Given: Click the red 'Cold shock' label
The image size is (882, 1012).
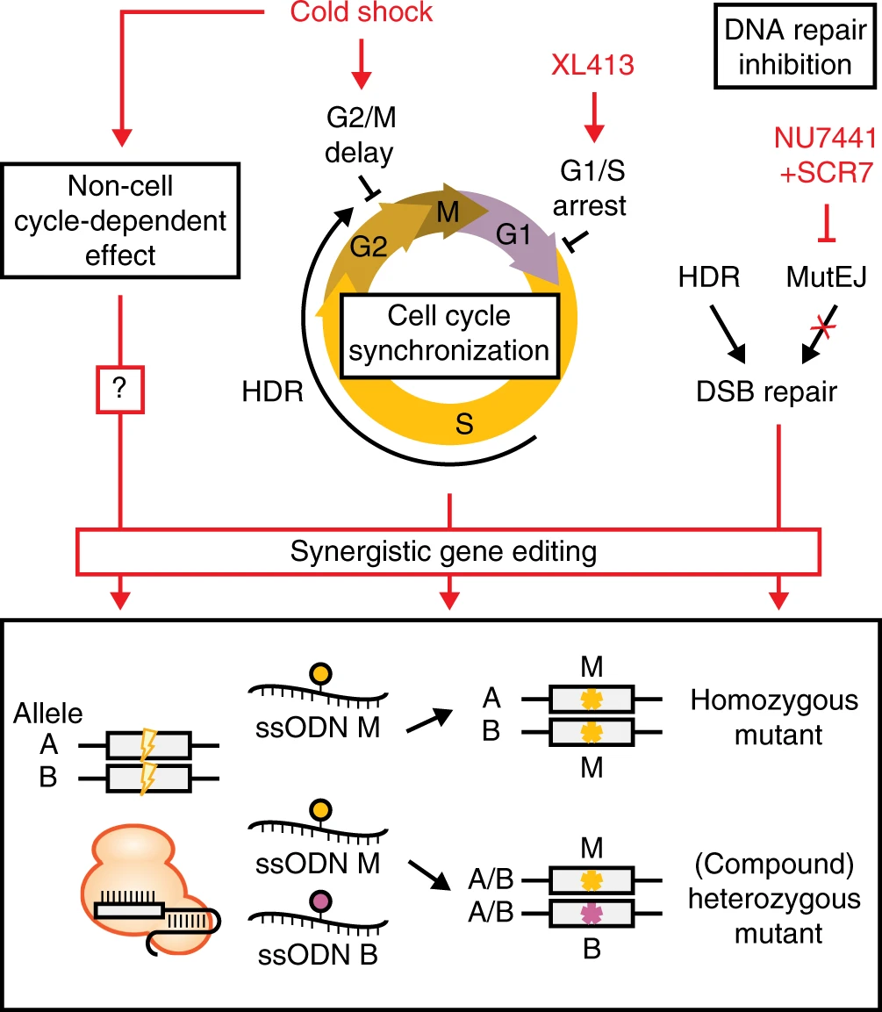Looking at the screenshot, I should pos(361,12).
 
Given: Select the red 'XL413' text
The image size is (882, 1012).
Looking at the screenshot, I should pos(592,65).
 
